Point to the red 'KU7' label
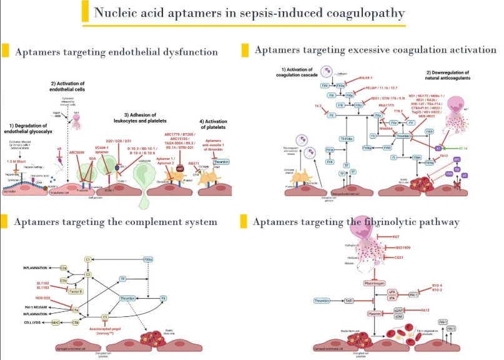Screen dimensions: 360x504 395,236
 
